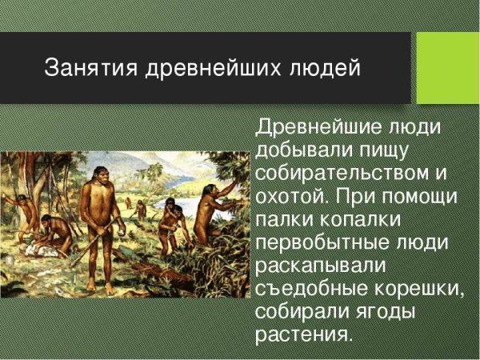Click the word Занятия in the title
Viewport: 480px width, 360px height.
(91, 67)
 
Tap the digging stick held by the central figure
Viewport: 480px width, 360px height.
(90, 242)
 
